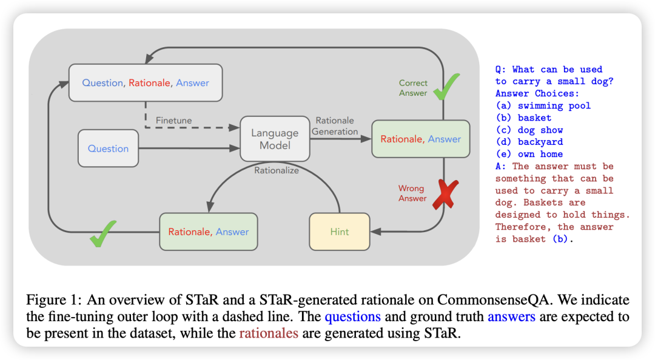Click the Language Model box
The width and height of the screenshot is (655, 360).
pos(275,139)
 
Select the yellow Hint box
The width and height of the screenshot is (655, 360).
pos(340,232)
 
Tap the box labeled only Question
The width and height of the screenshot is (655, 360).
pos(108,148)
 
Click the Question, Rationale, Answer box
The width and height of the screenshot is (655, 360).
pos(146,83)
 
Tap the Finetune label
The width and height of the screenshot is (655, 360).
pos(173,121)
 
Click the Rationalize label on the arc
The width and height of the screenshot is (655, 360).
pos(276,170)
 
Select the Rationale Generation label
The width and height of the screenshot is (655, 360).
pos(335,126)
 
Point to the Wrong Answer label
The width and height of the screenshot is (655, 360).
pos(412,193)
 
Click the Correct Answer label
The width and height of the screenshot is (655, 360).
pos(413,88)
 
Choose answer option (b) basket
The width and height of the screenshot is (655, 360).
pos(523,118)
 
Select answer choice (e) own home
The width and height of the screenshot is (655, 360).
pos(529,154)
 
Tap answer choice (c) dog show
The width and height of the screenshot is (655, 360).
pos(529,130)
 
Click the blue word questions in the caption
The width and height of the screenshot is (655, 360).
pos(352,316)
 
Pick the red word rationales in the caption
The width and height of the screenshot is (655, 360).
pos(268,333)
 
